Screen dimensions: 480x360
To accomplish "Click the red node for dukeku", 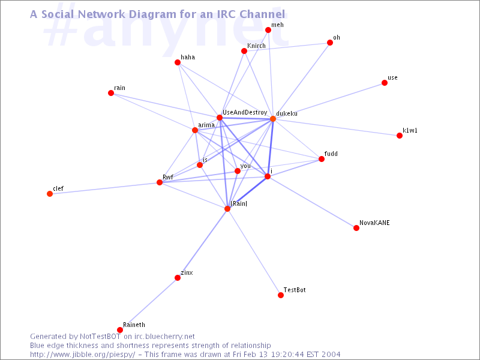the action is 273,119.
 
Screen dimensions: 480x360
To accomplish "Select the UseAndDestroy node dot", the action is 220,118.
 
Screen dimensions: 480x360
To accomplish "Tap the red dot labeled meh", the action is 268,29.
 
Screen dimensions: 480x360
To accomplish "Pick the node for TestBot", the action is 281,295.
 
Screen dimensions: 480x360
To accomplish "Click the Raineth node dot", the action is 120,330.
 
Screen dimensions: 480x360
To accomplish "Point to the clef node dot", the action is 50,194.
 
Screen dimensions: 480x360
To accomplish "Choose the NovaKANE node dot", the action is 356,228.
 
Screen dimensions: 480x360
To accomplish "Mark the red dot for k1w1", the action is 400,136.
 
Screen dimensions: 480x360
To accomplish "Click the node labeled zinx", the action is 178,278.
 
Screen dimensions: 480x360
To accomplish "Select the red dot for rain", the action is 111,93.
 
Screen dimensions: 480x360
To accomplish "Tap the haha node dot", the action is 178,62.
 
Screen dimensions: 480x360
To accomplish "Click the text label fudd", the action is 331,154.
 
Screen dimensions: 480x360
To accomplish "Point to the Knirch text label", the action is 256,46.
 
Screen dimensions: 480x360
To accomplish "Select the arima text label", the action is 206,125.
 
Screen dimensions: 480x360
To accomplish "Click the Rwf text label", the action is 168,177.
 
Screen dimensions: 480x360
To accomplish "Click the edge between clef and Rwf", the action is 104,188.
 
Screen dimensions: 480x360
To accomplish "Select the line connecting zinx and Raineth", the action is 149,304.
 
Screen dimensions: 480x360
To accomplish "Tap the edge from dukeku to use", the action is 329,101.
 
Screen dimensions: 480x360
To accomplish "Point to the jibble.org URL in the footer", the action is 82,355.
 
